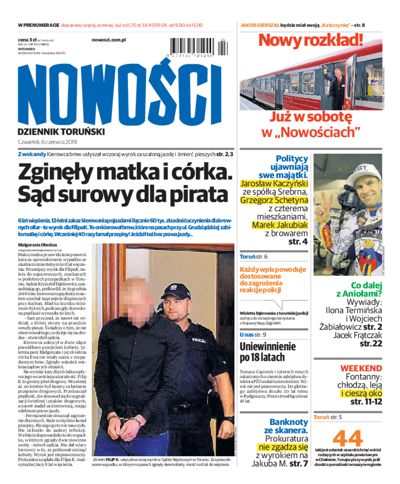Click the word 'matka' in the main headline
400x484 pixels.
(138, 172)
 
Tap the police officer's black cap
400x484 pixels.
(176, 290)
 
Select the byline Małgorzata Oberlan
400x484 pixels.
(37, 245)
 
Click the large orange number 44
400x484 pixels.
(347, 438)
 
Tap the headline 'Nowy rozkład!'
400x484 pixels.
(310, 40)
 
